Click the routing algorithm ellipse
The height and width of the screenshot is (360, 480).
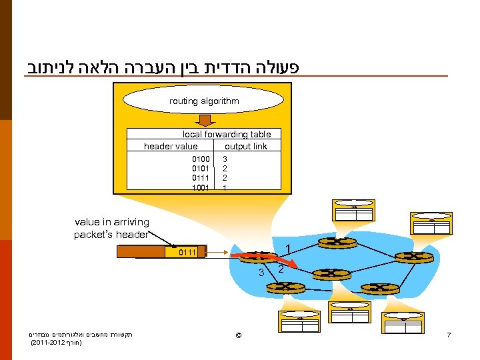click(204, 101)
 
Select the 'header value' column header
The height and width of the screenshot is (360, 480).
click(171, 146)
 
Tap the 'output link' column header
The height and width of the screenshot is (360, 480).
click(246, 146)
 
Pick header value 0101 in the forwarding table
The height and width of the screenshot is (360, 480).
click(201, 169)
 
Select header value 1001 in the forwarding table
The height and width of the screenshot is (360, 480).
click(201, 187)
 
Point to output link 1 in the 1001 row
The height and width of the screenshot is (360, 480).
click(225, 187)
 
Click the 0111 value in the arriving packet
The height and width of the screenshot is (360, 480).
click(187, 252)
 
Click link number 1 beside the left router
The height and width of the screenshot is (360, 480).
click(287, 249)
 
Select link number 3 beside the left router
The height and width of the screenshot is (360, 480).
click(262, 271)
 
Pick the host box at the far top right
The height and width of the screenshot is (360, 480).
click(431, 222)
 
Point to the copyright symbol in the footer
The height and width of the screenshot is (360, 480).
click(239, 334)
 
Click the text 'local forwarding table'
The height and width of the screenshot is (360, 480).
click(227, 135)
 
